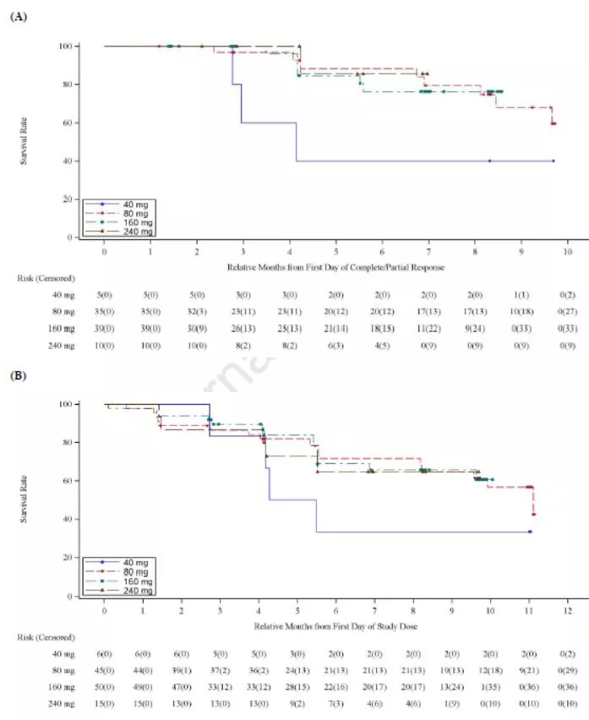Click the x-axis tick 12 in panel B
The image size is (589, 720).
click(567, 609)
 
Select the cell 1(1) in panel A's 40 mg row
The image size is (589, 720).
click(521, 293)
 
